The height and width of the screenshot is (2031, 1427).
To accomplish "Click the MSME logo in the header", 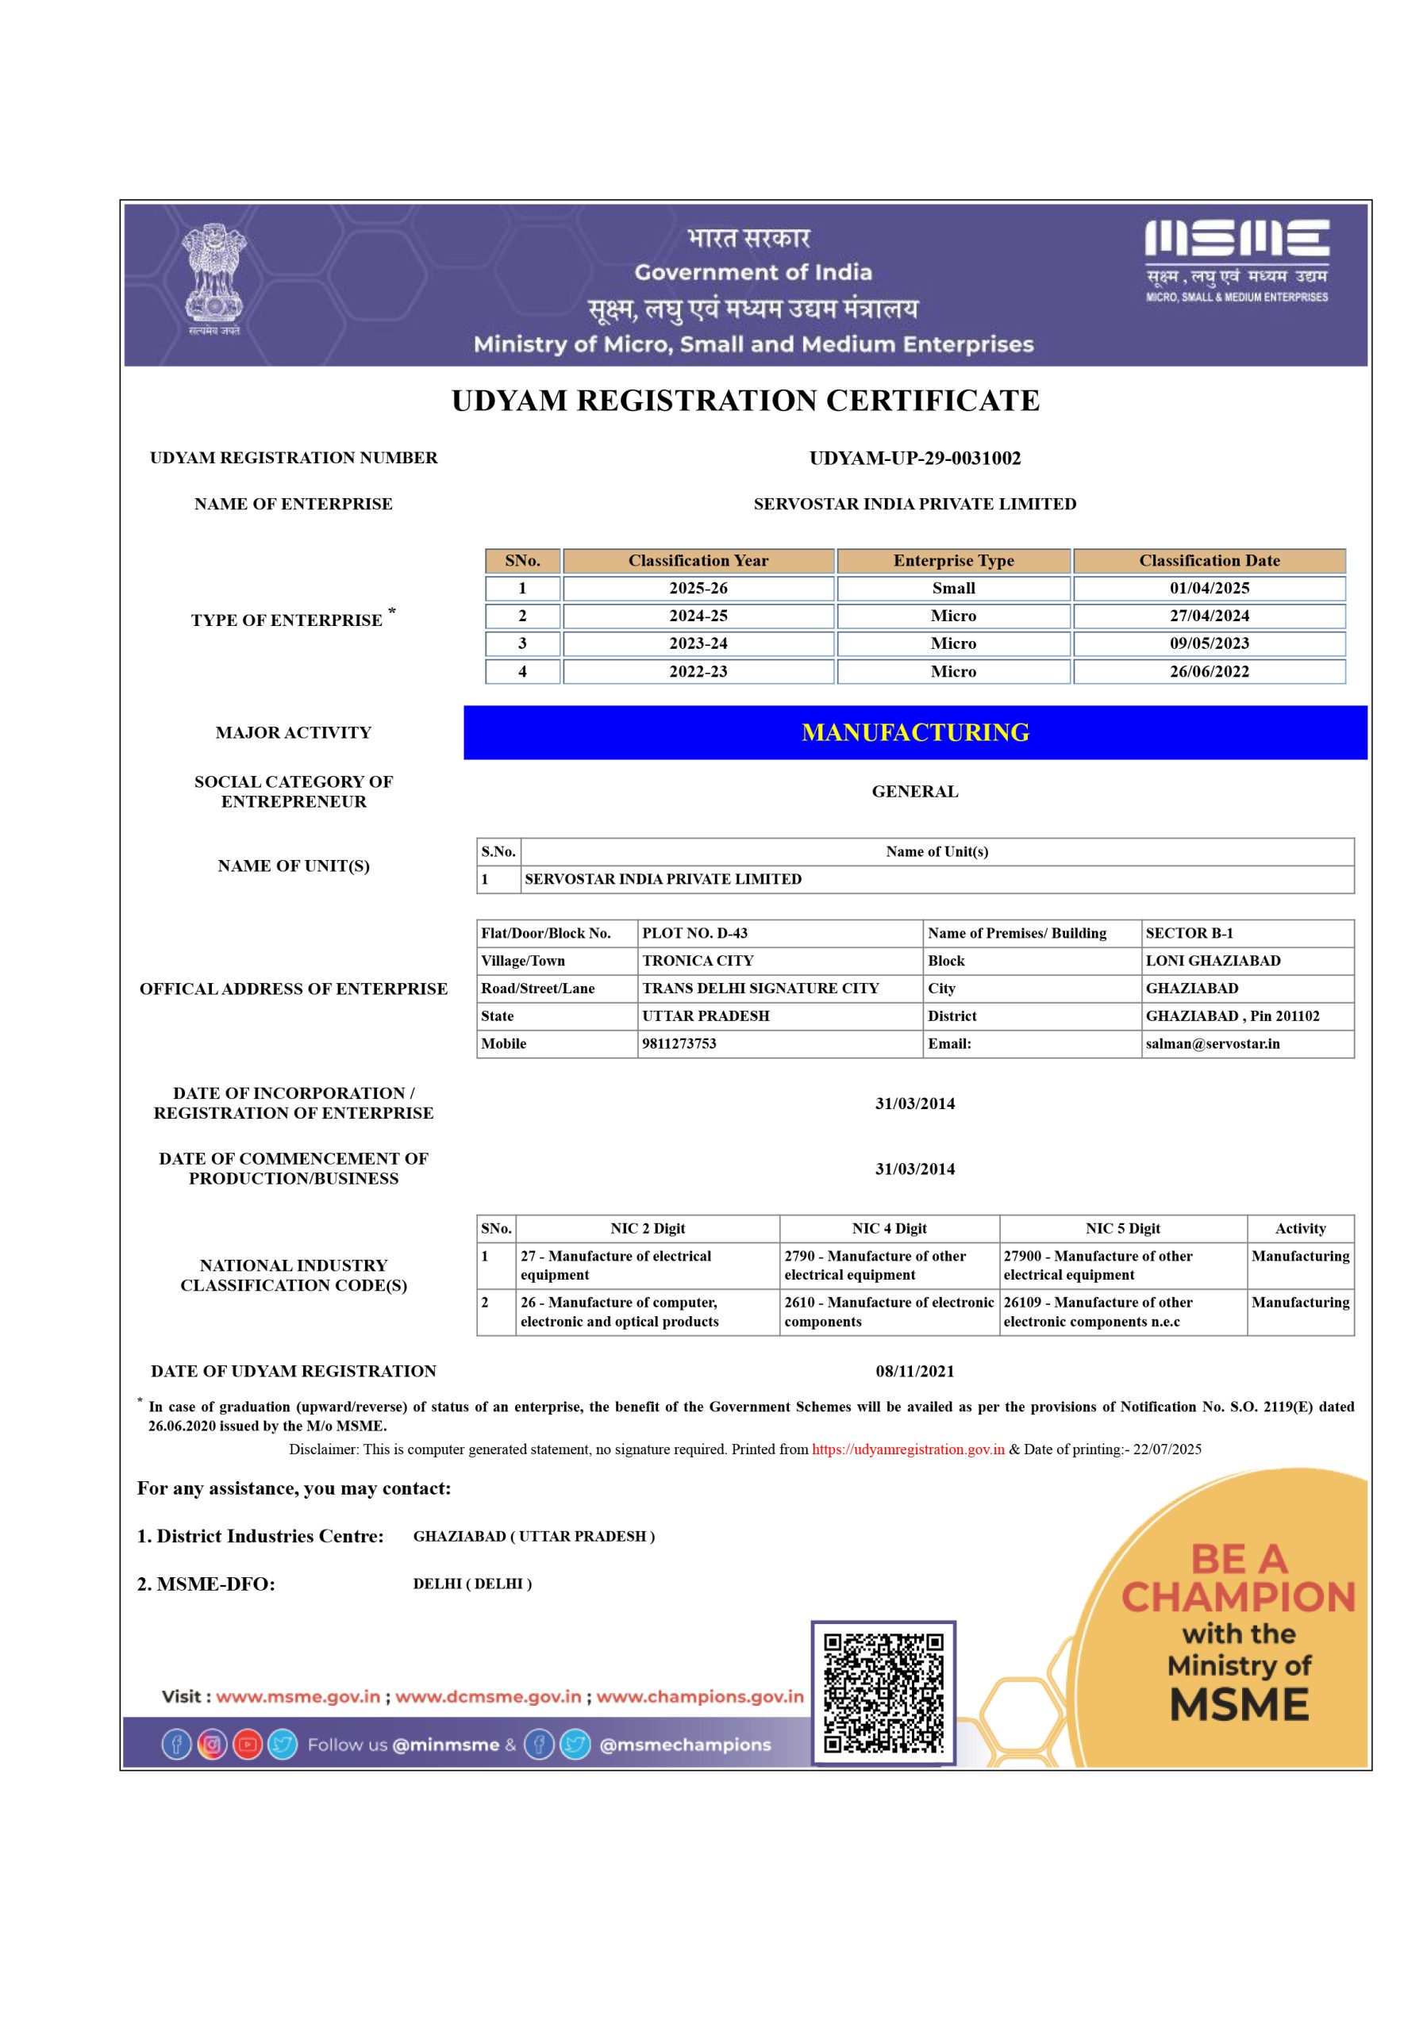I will point(1236,260).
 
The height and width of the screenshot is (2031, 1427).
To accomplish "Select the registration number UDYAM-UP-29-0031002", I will point(915,459).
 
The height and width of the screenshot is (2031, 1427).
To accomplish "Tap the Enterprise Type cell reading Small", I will point(953,588).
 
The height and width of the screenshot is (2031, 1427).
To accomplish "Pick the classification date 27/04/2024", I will point(1209,616).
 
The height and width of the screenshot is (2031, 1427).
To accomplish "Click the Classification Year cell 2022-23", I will point(698,671).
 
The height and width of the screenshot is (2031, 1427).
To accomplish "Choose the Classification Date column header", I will point(1209,561).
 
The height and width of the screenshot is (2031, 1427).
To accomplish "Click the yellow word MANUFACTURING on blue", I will point(915,732).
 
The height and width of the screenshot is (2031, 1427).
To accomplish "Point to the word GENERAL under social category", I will point(915,792).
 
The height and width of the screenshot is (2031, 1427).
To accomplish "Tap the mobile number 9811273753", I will point(679,1044).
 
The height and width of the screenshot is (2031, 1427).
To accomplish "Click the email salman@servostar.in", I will point(1212,1044).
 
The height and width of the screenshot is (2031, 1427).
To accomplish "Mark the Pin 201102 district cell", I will point(1233,1016).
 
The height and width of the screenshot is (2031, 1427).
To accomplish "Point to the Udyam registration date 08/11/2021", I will point(915,1372).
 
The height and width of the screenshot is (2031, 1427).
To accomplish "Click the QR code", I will point(883,1693).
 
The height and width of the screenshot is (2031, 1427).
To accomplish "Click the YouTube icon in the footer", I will point(248,1745).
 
